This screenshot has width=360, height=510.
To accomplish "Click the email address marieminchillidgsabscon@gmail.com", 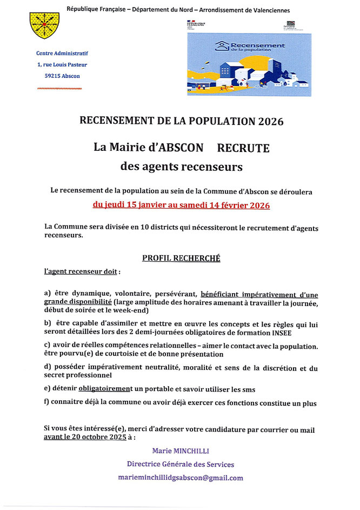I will (181, 478).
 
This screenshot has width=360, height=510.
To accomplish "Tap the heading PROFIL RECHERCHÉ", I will (181, 259).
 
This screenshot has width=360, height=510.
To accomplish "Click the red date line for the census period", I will (181, 206).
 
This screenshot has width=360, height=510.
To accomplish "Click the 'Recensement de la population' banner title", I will (257, 46).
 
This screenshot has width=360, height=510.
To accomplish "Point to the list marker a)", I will (48, 293).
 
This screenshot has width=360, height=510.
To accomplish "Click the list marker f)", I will (48, 402).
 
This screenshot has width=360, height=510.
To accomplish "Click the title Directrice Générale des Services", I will (181, 464).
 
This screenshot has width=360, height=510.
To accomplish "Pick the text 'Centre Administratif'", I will (62, 53).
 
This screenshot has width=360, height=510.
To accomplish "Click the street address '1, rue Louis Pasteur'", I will (62, 65).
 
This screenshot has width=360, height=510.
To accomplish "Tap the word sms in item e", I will (247, 388).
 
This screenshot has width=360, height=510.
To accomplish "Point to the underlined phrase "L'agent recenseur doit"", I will (80, 271).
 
